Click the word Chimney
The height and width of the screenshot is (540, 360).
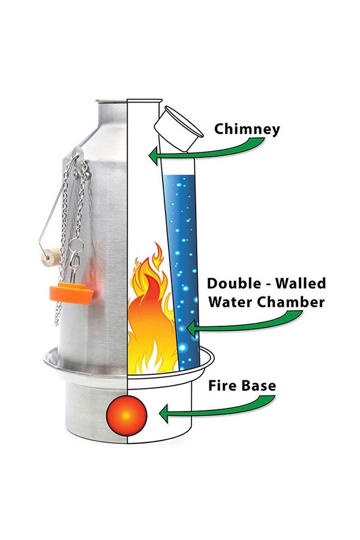point(247,129)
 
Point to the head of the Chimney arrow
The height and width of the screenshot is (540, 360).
point(152,158)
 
